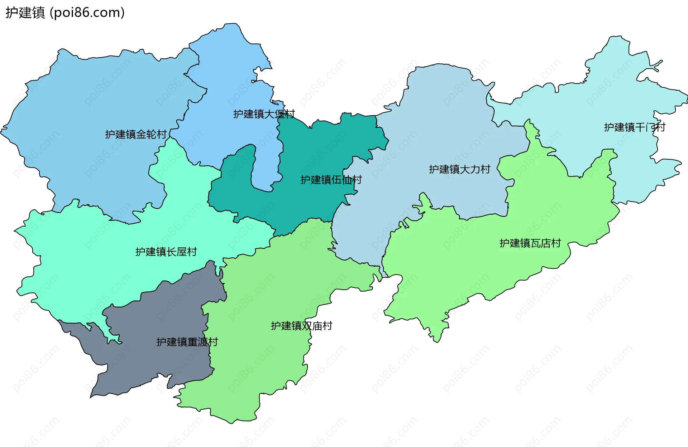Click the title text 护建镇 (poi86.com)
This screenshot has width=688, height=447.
64,13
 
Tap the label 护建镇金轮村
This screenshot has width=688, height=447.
135,135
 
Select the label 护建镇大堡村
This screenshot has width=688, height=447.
264,114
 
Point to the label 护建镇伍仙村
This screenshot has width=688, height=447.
331,180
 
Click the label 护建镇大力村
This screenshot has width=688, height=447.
459,169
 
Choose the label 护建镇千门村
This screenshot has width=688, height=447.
634,127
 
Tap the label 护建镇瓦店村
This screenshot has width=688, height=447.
530,243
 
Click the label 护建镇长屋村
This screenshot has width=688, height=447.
166,252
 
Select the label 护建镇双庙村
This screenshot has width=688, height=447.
301,326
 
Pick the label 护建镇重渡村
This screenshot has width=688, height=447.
187,342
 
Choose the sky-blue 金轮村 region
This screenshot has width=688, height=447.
90,107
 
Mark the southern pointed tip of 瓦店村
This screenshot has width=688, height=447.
436,338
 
